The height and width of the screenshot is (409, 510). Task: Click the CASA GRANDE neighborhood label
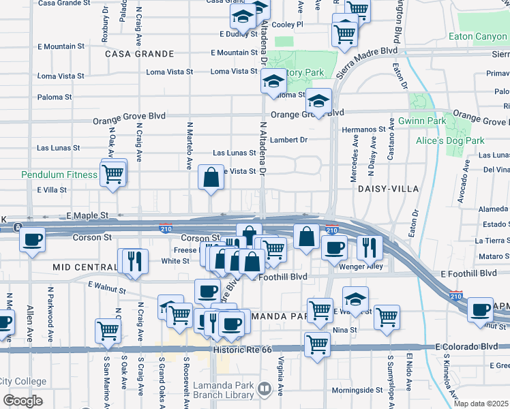point(139,53)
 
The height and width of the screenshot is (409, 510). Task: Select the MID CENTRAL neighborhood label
point(85,268)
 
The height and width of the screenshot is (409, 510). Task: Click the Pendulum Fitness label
point(59,175)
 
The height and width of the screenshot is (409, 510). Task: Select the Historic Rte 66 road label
point(242,350)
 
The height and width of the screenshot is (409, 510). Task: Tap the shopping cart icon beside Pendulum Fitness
point(113,175)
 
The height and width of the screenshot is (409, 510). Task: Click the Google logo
point(22,400)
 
